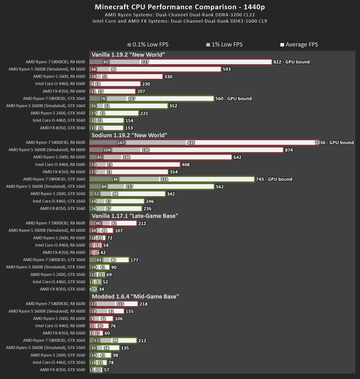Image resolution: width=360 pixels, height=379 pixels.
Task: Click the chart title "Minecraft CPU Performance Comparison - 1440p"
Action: coord(180,7)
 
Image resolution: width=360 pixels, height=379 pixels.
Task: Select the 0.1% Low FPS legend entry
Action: coord(148,44)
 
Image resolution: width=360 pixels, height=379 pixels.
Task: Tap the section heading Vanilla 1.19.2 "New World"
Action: coord(128,54)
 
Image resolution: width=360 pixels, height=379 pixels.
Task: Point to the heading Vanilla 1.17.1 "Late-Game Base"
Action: coord(134,216)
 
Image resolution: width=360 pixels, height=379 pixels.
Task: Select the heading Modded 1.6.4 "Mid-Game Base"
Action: coord(135,296)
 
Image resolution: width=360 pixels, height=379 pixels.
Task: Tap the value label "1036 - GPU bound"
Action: coord(335,142)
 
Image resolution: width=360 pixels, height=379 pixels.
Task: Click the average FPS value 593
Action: coord(227,69)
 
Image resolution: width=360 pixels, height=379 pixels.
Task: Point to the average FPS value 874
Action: coord(289,150)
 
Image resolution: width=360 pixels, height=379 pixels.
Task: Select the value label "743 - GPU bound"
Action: coord(274,179)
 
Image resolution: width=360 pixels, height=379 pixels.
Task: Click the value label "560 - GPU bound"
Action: coord(233,98)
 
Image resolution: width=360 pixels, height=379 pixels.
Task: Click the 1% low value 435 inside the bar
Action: coord(191,142)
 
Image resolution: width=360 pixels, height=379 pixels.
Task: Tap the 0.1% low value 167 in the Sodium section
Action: coord(121,142)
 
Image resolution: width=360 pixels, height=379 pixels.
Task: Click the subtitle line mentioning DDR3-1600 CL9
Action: coord(180,21)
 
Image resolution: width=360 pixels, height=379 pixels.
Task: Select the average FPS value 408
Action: coord(185,165)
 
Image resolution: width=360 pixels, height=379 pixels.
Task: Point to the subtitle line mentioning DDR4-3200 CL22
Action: coord(180,14)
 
